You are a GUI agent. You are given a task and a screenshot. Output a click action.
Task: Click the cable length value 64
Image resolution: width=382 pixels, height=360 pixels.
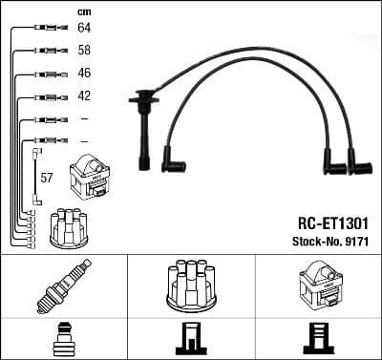pyautogui.click(x=85, y=30)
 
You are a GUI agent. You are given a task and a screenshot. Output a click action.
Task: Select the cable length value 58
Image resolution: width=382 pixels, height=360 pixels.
pyautogui.click(x=85, y=52)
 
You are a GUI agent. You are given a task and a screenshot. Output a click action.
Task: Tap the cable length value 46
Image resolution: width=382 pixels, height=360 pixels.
pyautogui.click(x=85, y=74)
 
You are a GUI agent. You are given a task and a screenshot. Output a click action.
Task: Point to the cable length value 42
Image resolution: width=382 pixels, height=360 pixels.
pyautogui.click(x=85, y=96)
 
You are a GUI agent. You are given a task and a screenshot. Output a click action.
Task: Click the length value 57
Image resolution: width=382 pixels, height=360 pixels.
pyautogui.click(x=46, y=178)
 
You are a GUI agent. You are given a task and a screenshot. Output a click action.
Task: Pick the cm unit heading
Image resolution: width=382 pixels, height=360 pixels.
pyautogui.click(x=83, y=11)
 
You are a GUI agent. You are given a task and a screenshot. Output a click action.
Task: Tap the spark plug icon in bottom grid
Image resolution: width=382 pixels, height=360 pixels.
pyautogui.click(x=63, y=286)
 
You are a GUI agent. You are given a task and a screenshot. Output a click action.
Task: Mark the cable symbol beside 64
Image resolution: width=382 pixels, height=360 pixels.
pyautogui.click(x=45, y=30)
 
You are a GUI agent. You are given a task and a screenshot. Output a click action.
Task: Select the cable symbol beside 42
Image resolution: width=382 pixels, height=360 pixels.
pyautogui.click(x=45, y=96)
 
